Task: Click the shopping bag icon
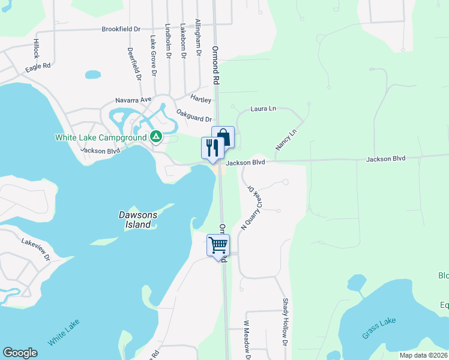(223, 137)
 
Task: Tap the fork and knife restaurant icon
(212, 148)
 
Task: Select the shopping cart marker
(218, 245)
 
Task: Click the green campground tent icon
(155, 137)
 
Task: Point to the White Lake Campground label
(101, 137)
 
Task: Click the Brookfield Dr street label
(121, 29)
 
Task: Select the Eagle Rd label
(38, 68)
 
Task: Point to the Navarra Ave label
(133, 100)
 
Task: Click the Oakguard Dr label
(194, 115)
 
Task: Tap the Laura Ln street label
(264, 109)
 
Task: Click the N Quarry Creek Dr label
(252, 206)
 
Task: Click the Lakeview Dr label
(37, 248)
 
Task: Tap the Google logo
(20, 353)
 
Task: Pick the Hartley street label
(201, 99)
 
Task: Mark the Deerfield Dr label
(134, 65)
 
